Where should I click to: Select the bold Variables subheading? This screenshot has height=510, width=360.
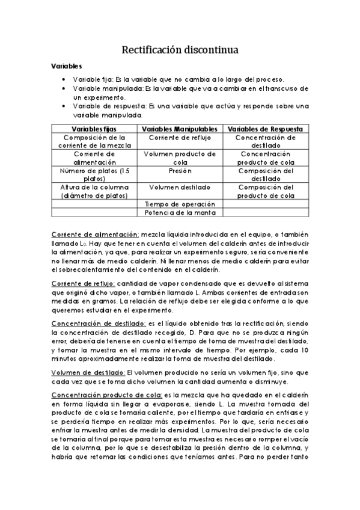67,66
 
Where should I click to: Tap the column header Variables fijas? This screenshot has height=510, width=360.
94,129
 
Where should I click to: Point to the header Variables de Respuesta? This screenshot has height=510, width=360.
265,129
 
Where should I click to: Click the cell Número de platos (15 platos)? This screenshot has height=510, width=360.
94,174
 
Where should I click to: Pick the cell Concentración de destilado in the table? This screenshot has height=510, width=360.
265,141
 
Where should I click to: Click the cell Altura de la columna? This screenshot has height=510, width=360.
94,191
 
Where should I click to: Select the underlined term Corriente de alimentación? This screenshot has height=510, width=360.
87,233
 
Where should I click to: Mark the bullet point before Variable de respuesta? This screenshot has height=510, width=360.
64,106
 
